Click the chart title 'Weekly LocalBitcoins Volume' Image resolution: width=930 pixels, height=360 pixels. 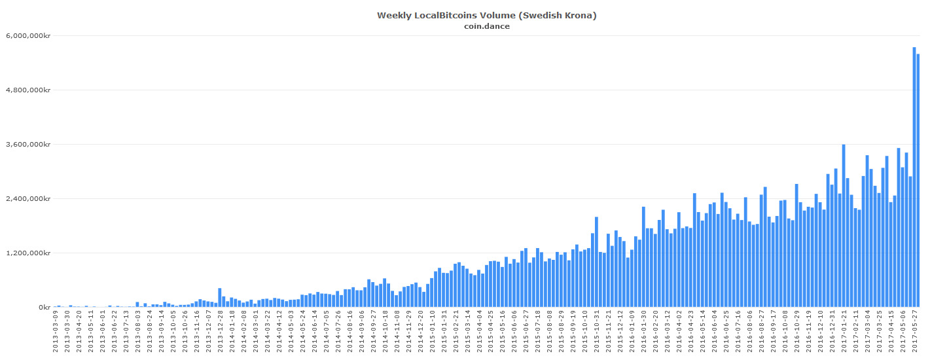click(x=487, y=15)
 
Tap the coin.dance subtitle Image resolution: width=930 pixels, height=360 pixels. click(x=487, y=26)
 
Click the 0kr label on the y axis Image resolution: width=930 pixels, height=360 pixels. click(x=45, y=307)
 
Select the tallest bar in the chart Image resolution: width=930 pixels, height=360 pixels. click(x=914, y=177)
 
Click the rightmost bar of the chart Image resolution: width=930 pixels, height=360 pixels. click(x=918, y=180)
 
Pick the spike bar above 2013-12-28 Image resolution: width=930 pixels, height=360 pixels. click(x=220, y=298)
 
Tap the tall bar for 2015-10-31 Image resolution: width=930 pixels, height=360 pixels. click(x=596, y=262)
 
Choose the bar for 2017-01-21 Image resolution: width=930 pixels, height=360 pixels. click(x=844, y=226)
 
